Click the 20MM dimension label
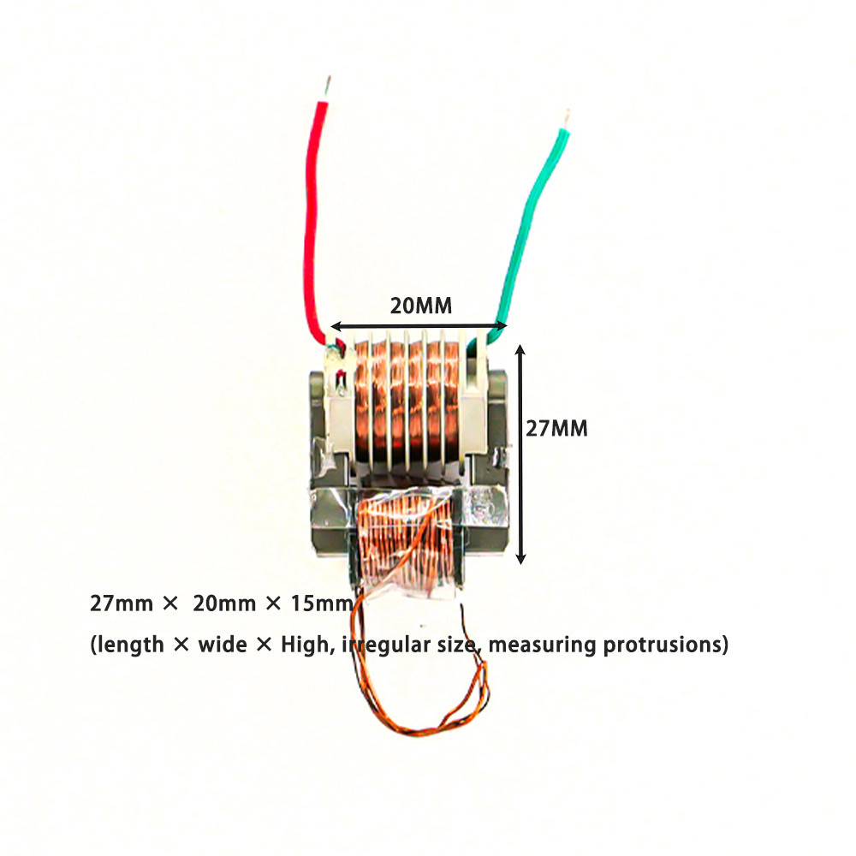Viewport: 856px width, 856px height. pyautogui.click(x=420, y=306)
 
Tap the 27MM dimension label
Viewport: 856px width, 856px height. pyautogui.click(x=556, y=428)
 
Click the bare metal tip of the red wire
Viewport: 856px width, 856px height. pyautogui.click(x=326, y=87)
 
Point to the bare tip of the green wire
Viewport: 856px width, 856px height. pyautogui.click(x=565, y=117)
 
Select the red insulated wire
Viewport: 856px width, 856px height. pyautogui.click(x=313, y=214)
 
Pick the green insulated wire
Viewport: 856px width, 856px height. pyautogui.click(x=526, y=223)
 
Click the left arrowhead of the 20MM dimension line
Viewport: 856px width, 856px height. pyautogui.click(x=336, y=326)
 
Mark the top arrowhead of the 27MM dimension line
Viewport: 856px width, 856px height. pyautogui.click(x=520, y=349)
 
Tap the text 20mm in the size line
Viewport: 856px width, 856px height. pyautogui.click(x=224, y=603)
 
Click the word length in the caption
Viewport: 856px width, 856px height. pyautogui.click(x=130, y=645)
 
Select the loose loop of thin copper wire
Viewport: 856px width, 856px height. pyautogui.click(x=428, y=693)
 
